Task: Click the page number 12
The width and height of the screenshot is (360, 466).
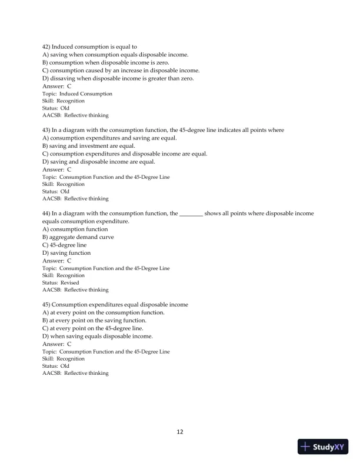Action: [180, 432]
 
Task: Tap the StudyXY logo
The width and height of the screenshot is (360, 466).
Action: [324, 448]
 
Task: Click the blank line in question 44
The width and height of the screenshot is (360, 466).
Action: [191, 214]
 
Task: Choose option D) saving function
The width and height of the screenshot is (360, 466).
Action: [66, 253]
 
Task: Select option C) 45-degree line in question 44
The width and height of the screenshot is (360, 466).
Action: [64, 245]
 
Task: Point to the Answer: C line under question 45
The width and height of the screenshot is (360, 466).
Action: [57, 344]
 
